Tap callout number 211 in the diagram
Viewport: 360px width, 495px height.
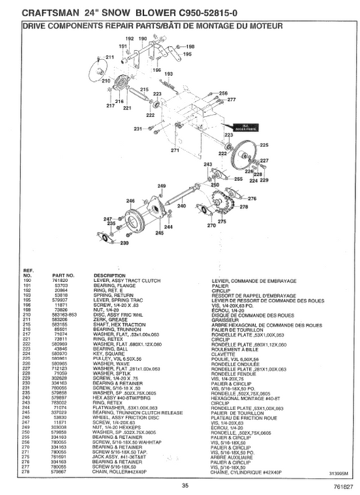110,56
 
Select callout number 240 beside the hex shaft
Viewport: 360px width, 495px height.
182,206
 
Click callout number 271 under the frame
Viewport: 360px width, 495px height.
175,151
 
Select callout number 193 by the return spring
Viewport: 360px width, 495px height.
168,74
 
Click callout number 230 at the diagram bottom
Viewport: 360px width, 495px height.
124,243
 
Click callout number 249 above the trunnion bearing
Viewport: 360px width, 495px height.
161,185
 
